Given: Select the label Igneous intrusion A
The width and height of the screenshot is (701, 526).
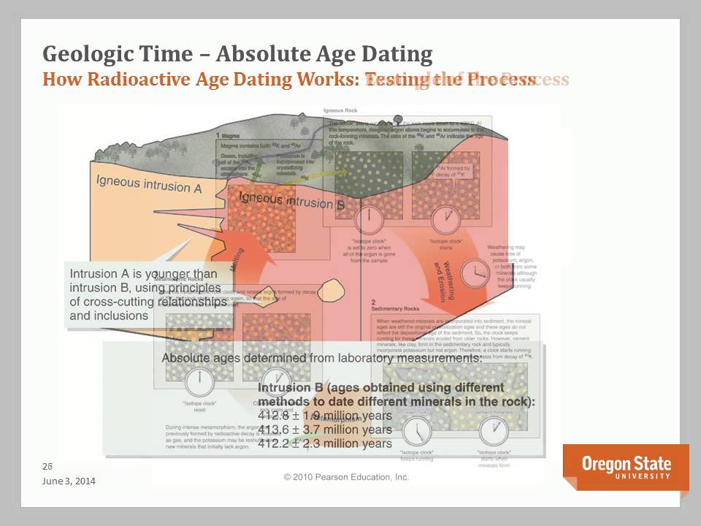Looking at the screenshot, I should pos(149,183).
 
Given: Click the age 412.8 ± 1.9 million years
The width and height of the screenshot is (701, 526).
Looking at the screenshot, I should pos(325,416).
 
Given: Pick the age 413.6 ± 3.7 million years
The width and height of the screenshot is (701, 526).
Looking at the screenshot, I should pos(325,430).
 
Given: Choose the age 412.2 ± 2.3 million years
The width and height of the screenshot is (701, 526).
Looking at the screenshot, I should pos(325,443).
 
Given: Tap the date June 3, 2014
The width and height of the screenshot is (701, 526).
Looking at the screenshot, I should pos(69,481).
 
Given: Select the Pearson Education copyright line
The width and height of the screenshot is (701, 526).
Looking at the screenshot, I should pos(346,477).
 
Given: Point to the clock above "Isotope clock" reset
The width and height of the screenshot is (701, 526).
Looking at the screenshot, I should pos(198,381).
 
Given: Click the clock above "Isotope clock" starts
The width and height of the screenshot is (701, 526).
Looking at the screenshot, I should pos(443,218).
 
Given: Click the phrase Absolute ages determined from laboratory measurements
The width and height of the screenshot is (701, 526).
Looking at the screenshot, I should pos(321,358).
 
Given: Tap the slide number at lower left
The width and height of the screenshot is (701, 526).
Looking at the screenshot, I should pos(48,465).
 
